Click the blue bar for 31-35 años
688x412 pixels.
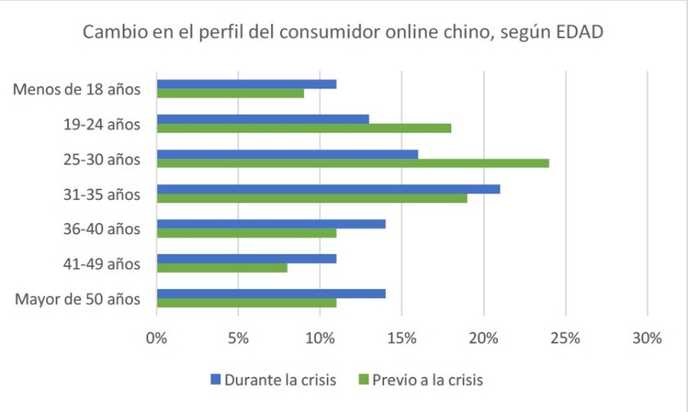pos(328,189)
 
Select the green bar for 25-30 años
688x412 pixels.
pos(352,163)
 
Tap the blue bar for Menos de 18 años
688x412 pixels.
pos(246,84)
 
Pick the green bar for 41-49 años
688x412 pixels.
pos(221,268)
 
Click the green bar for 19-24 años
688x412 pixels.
pos(303,128)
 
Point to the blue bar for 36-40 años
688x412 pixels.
pos(270,224)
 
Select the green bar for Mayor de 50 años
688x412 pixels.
pos(246,303)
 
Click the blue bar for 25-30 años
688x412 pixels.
pos(287,154)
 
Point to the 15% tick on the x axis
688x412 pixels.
pos(401,337)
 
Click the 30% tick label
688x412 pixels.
pos(647,337)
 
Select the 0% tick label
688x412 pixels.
pos(156,337)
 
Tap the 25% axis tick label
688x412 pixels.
pos(565,337)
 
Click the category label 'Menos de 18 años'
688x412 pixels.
pos(77,88)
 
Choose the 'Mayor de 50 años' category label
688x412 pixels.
pos(78,298)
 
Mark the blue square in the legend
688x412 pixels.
pos(216,379)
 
